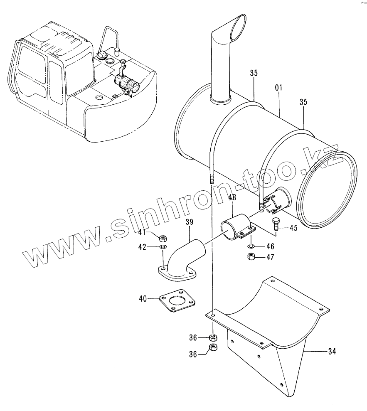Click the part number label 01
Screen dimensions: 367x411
278,88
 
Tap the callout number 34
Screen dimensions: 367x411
331,352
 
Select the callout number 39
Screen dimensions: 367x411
189,222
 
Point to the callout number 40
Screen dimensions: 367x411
143,298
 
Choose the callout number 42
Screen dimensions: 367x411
142,247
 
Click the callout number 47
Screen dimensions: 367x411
270,258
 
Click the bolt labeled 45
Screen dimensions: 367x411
276,224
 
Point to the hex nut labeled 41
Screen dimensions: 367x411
163,238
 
